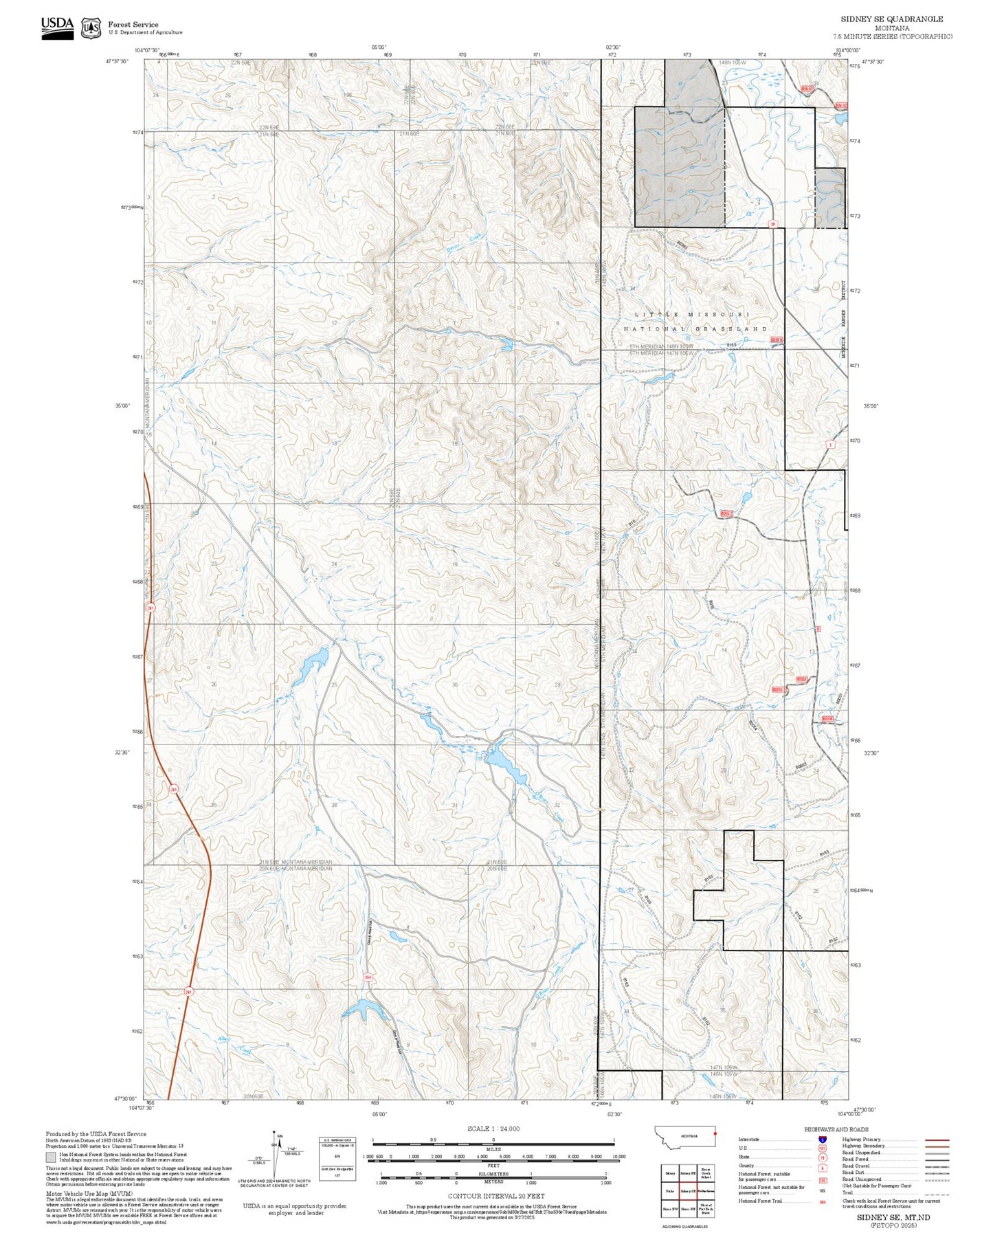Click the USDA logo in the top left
click(57, 27)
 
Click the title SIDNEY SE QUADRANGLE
click(891, 19)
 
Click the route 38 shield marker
click(772, 224)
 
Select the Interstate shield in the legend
click(823, 1139)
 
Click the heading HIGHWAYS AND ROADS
click(836, 1129)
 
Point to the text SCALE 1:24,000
click(493, 1129)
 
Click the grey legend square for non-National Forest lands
click(51, 1157)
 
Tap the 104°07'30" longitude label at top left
click(146, 50)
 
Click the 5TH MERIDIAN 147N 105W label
click(662, 353)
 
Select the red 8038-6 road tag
click(777, 340)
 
